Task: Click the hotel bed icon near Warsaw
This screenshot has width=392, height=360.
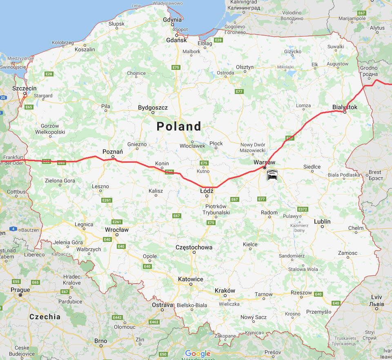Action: (x=272, y=175)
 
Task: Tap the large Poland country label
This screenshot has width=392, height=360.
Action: (x=179, y=126)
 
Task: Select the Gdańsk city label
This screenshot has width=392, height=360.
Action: (x=176, y=40)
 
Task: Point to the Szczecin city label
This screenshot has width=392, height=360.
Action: (x=24, y=88)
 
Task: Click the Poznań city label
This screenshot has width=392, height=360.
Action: (x=113, y=152)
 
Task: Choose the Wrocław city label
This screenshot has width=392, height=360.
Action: (x=116, y=230)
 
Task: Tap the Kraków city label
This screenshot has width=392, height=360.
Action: (x=225, y=291)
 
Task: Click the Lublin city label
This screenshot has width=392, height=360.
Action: (x=322, y=221)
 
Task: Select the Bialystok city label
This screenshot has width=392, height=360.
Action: (x=345, y=107)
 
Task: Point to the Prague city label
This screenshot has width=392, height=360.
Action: (x=20, y=290)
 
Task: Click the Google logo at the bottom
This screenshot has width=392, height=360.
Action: (x=198, y=353)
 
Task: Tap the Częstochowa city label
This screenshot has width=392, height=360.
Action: (x=194, y=247)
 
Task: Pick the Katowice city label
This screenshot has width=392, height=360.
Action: (x=190, y=279)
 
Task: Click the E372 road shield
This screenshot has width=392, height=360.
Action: (x=302, y=209)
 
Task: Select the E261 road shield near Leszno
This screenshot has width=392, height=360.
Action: (x=107, y=200)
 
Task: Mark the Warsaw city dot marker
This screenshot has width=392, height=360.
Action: (x=265, y=168)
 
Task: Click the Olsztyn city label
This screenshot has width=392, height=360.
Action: (x=245, y=67)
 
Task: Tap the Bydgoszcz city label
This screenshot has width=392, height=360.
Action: (x=153, y=107)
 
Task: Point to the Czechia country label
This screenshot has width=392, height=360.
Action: (x=45, y=317)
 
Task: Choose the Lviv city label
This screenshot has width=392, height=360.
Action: (x=376, y=297)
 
